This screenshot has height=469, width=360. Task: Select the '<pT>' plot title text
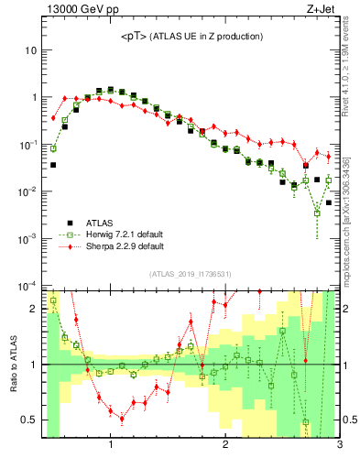(191, 36)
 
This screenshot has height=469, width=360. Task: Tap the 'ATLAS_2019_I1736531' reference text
(191, 273)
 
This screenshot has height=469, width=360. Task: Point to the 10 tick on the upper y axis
(30, 50)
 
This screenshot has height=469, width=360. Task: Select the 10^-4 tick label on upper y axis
(27, 286)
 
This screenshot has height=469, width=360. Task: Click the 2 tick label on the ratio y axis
(34, 309)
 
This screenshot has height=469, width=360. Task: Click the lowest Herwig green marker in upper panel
(317, 213)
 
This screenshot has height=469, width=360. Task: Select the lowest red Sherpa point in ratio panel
(122, 419)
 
